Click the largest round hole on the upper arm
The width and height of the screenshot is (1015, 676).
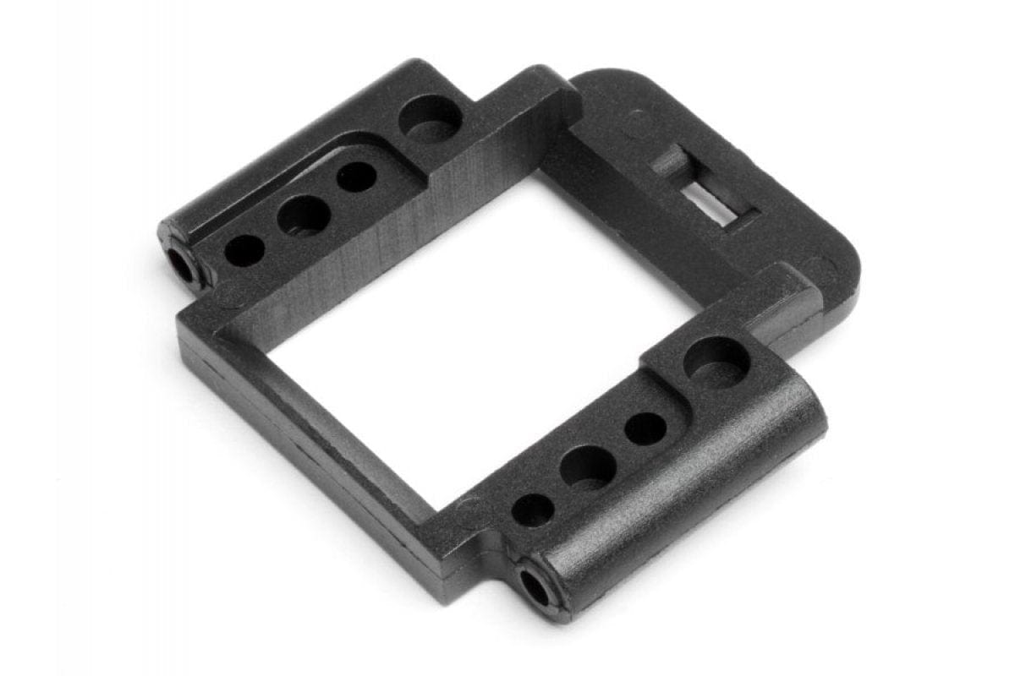(x=430, y=119)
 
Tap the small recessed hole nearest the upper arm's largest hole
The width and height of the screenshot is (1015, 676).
(x=356, y=177)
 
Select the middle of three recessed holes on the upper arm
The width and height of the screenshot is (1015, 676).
(x=303, y=215)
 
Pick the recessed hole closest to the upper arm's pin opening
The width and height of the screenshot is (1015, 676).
(x=244, y=250)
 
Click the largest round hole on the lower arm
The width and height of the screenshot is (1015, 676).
(x=716, y=363)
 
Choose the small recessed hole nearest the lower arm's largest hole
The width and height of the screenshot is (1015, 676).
(x=645, y=428)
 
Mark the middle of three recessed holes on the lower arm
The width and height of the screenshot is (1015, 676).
(x=587, y=466)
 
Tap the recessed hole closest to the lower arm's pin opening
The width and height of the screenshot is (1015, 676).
(x=533, y=510)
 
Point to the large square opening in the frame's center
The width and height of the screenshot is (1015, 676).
(x=482, y=338)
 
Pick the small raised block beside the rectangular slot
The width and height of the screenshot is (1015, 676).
(x=668, y=161)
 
